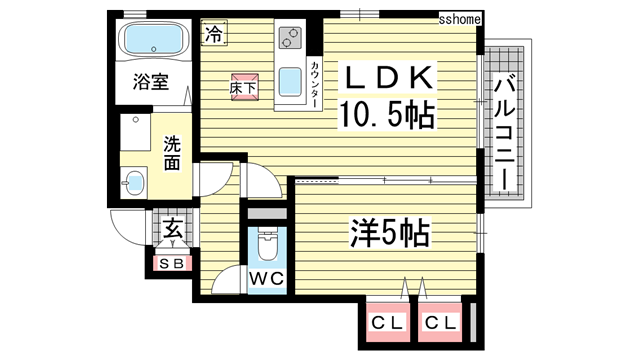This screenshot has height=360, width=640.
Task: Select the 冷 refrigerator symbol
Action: [x=213, y=35]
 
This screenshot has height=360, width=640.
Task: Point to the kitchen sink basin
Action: [x=290, y=79]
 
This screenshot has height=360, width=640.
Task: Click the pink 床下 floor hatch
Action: [x=243, y=86]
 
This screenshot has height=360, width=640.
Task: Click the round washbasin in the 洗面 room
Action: [x=134, y=182]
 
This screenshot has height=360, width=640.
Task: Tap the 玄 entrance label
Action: [x=171, y=230]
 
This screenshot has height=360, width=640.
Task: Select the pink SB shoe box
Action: [x=170, y=263]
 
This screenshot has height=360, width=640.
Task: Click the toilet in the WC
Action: [x=265, y=241]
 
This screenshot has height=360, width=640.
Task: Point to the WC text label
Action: [x=265, y=277]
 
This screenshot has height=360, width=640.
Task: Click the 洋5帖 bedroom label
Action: [x=389, y=235]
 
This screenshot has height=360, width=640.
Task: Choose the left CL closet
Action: [x=383, y=322]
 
